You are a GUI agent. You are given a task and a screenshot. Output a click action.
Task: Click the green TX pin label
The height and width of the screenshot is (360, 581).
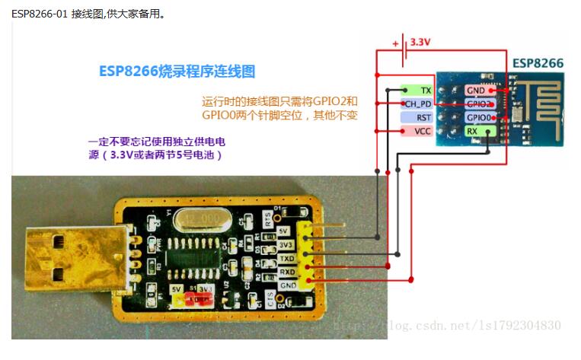click(414, 90)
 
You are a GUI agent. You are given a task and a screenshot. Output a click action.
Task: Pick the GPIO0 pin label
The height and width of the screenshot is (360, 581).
click(480, 117)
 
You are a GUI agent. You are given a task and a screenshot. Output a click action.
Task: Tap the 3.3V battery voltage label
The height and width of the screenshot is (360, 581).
click(420, 43)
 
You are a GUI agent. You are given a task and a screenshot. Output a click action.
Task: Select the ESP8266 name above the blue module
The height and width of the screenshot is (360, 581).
click(538, 62)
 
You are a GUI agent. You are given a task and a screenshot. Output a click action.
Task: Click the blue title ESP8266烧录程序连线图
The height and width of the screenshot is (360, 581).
click(177, 72)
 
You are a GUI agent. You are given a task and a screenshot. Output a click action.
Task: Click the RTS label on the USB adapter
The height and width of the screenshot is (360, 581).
click(268, 217)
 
